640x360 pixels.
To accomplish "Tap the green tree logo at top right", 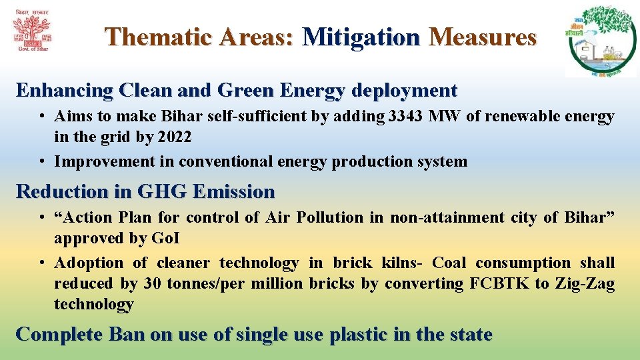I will pos(601,41).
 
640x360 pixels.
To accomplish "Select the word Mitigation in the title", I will pos(361,37).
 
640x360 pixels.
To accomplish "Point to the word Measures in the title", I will pos(483,37).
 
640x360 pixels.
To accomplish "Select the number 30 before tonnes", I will pos(152,283).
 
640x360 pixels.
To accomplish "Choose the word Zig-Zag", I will pos(585,283).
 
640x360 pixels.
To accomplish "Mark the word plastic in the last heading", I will pos(359,335).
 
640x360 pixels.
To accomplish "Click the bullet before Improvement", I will pos(41,161).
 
